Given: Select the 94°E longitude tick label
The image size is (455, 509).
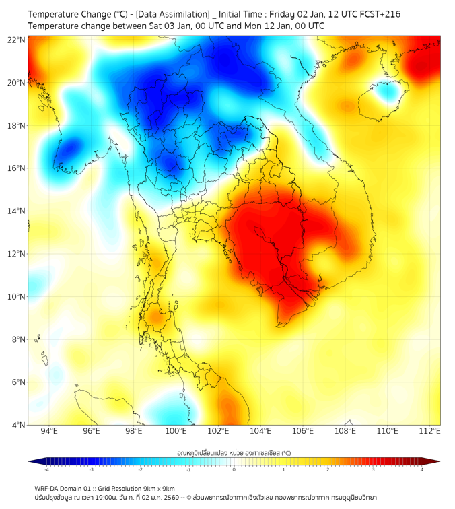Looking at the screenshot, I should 49,431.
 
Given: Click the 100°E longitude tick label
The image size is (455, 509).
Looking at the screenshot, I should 176,431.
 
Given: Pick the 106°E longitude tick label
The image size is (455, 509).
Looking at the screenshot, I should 303,431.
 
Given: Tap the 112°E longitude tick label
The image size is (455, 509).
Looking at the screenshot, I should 429,431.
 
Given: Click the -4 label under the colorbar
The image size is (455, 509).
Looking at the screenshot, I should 46,469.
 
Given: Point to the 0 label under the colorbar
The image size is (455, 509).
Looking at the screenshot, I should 234,469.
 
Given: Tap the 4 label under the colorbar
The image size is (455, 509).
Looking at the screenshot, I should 422,469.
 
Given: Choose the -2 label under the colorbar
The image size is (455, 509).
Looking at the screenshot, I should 140,469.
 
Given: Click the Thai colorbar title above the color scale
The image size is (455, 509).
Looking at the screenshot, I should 234,453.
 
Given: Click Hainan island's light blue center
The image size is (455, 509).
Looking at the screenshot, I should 387,94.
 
